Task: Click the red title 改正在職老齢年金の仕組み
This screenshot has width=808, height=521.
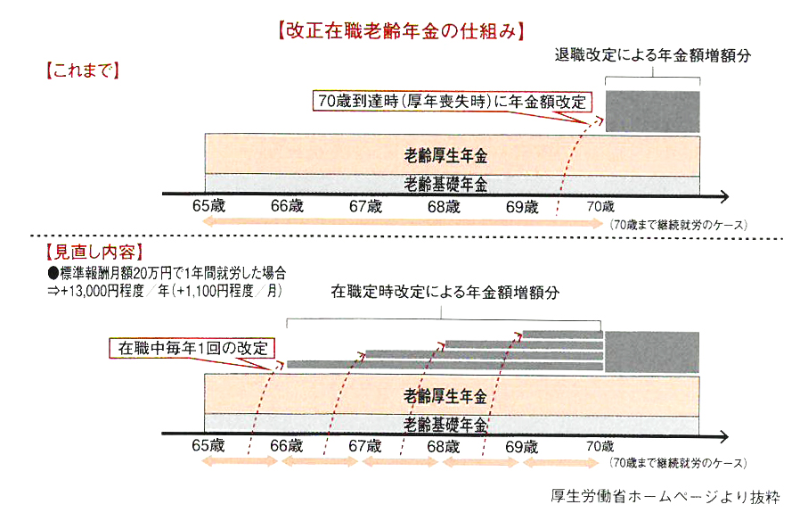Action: point(401,31)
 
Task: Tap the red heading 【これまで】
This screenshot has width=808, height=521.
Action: point(83,70)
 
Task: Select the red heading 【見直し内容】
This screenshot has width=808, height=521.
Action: point(94,252)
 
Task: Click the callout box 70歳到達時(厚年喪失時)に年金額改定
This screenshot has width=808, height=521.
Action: point(452,101)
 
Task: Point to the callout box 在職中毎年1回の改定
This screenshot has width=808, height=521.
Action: point(192,348)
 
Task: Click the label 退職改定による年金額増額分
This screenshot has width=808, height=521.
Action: point(652,55)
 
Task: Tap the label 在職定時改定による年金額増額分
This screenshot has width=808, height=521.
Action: point(445,293)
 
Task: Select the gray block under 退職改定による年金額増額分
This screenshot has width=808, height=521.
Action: point(652,112)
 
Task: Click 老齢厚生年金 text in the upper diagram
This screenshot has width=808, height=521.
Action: point(445,155)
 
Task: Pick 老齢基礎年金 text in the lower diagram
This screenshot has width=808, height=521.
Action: point(445,425)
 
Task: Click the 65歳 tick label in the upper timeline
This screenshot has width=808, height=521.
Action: point(208,206)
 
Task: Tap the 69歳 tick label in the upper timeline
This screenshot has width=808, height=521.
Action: point(522,207)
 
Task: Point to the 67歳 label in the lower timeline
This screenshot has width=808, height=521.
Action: point(365,446)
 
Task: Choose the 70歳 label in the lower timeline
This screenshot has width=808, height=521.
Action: point(600,446)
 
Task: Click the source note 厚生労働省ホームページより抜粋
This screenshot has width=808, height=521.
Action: point(665,496)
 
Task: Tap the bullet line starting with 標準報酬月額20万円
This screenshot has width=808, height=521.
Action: point(167,273)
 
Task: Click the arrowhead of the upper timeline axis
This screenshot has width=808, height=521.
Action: point(724,196)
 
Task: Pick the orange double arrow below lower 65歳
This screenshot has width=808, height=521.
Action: point(240,461)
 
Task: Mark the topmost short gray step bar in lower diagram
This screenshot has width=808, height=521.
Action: point(562,335)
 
